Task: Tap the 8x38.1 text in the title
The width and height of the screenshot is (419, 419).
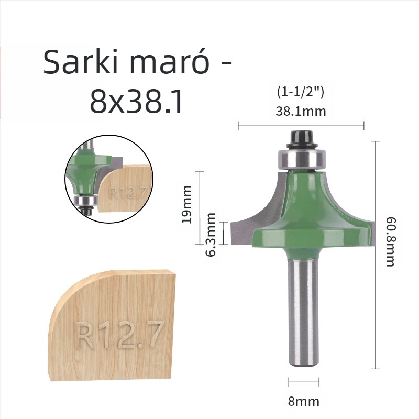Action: pyautogui.click(x=137, y=102)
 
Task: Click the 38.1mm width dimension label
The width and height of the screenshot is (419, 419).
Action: pyautogui.click(x=301, y=111)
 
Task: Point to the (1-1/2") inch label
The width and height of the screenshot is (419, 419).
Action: pyautogui.click(x=301, y=92)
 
